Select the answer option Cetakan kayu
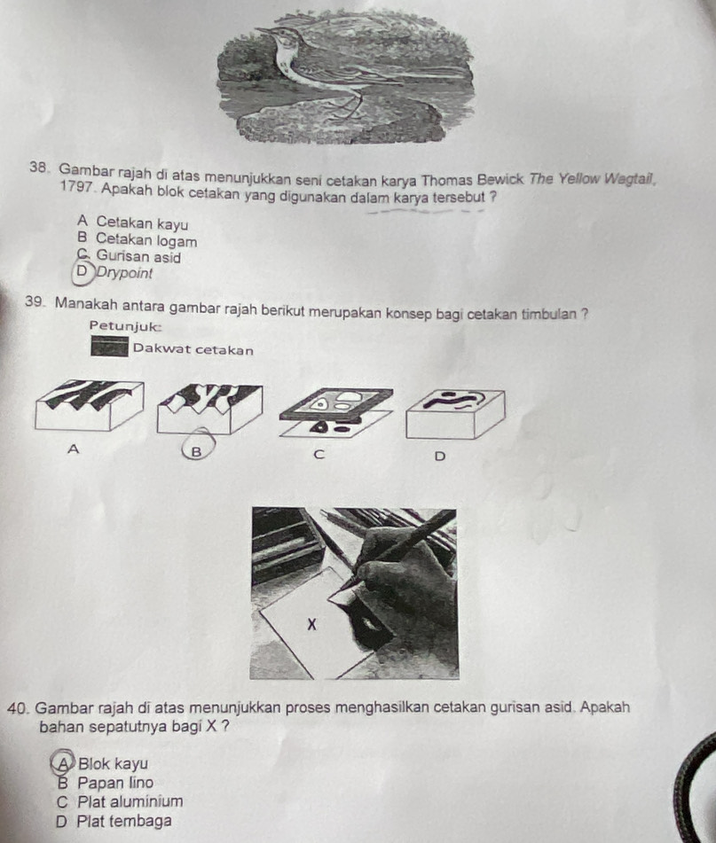click(x=142, y=222)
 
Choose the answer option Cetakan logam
click(x=146, y=241)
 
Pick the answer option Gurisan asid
click(x=138, y=257)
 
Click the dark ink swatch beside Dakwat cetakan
click(x=110, y=347)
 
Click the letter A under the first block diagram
click(x=73, y=449)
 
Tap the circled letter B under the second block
click(x=196, y=451)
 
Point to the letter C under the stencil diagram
click(x=319, y=455)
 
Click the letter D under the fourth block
click(x=440, y=457)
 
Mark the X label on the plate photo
click(x=311, y=625)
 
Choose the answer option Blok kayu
click(x=113, y=763)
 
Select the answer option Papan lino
click(x=115, y=783)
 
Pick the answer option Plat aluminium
click(x=130, y=801)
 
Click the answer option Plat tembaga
click(x=125, y=821)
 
